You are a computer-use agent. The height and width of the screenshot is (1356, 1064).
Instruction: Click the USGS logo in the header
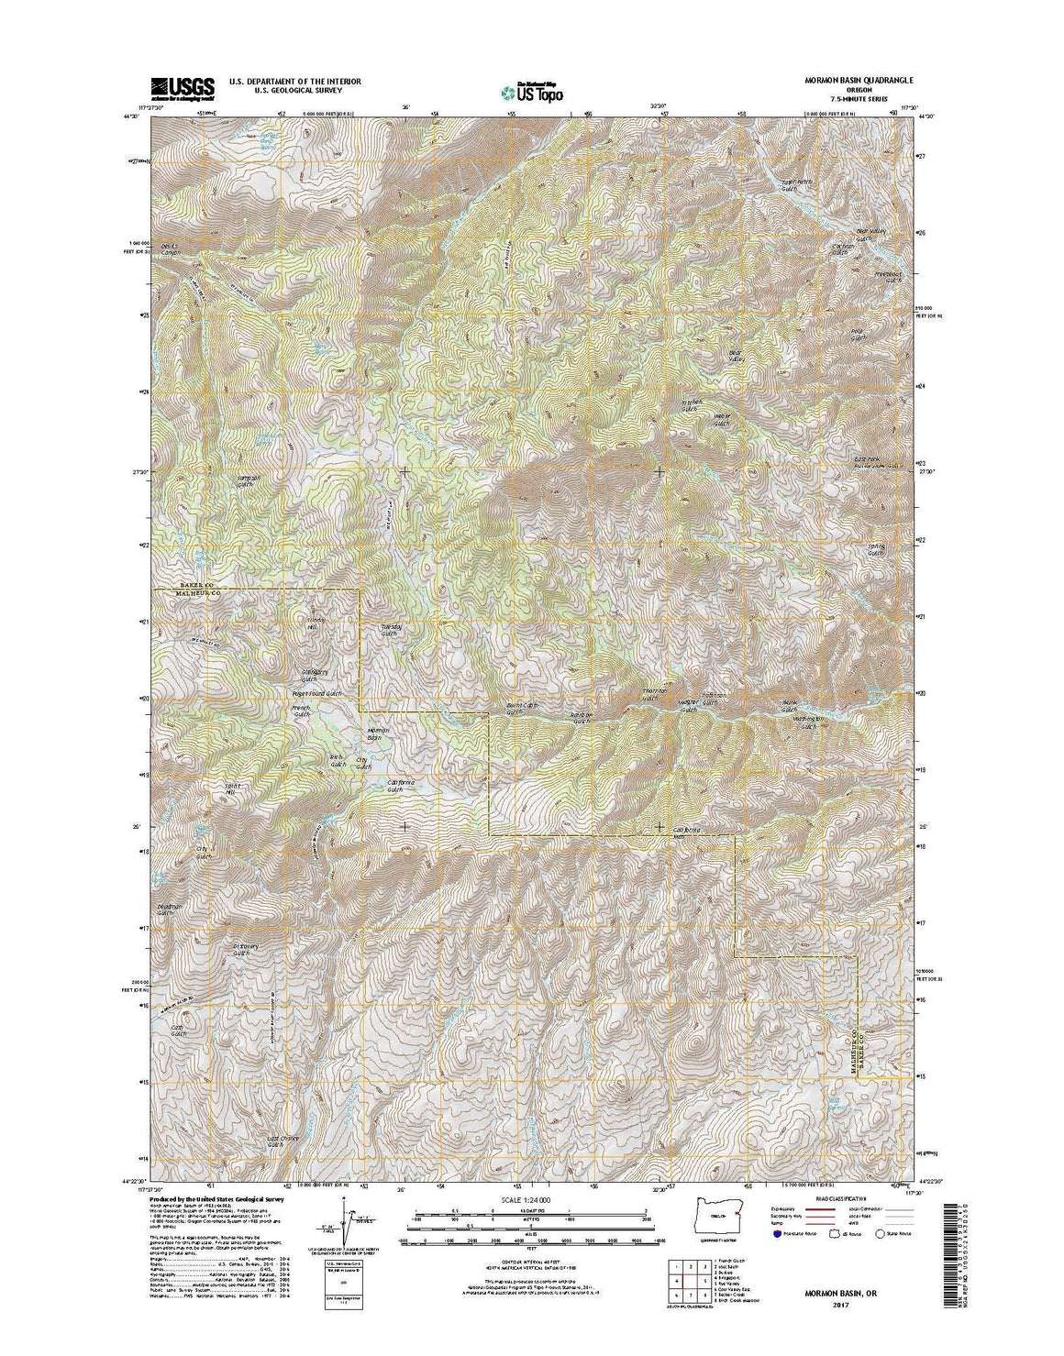pos(183,87)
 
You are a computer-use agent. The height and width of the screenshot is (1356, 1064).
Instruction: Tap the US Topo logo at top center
pos(532,91)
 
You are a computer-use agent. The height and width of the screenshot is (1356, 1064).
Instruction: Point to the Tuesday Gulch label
pos(391,630)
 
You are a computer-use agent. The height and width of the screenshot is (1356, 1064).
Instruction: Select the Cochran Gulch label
pos(842,248)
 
